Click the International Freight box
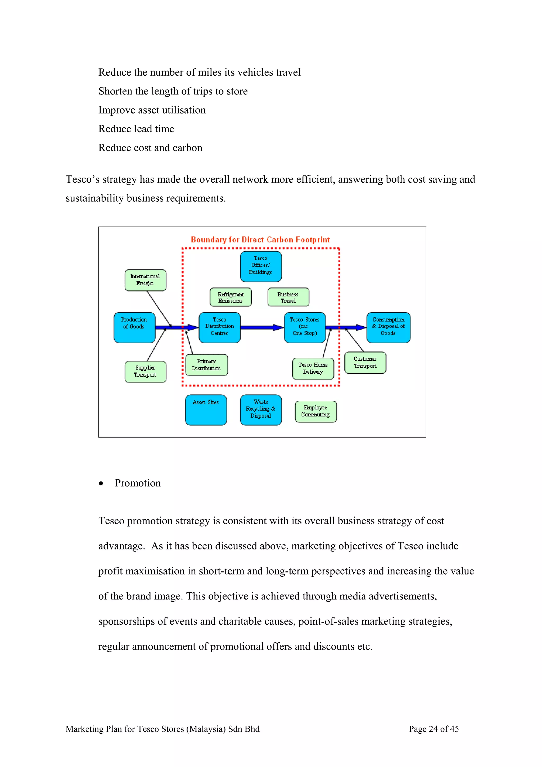pyautogui.click(x=145, y=280)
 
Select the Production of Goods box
pyautogui.click(x=134, y=327)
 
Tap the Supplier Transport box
pyautogui.click(x=145, y=372)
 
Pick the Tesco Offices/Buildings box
pyautogui.click(x=261, y=266)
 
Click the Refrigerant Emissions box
pyautogui.click(x=231, y=297)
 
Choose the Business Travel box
pyautogui.click(x=288, y=297)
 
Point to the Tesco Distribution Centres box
pyautogui.click(x=219, y=327)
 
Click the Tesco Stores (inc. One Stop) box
pyautogui.click(x=305, y=327)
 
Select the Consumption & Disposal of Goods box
pyautogui.click(x=389, y=327)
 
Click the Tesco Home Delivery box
pyautogui.click(x=313, y=368)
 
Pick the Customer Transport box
pyautogui.click(x=365, y=362)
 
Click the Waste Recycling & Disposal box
pyautogui.click(x=261, y=410)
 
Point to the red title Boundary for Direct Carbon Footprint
pyautogui.click(x=260, y=240)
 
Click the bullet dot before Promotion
pyautogui.click(x=101, y=483)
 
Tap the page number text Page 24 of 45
pyautogui.click(x=433, y=729)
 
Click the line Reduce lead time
pyautogui.click(x=136, y=129)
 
